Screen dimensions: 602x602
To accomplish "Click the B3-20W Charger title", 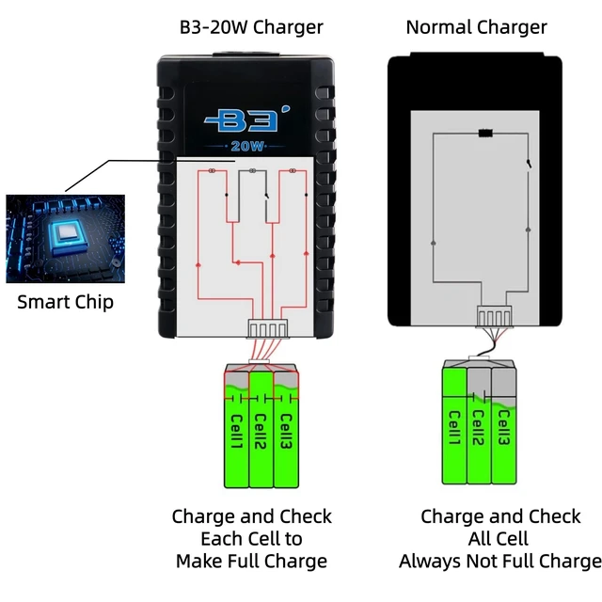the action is [x=251, y=27].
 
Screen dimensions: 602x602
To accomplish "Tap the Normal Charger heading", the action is [x=476, y=27].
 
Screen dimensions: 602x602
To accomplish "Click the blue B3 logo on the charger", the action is [x=246, y=119].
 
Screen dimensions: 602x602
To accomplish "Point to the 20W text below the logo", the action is [x=247, y=147].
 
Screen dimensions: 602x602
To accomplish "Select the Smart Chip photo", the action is [x=65, y=238].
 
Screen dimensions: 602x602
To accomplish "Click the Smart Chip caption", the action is [x=65, y=302].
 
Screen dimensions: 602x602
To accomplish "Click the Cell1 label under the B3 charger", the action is [x=236, y=432].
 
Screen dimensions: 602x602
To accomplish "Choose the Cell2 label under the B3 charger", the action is [x=261, y=432].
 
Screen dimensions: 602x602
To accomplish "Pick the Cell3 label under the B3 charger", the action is [x=286, y=432].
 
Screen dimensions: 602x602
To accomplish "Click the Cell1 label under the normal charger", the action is [x=454, y=428].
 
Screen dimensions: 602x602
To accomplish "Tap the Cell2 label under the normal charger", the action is [x=478, y=428].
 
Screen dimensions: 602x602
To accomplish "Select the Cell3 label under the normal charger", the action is [x=503, y=428].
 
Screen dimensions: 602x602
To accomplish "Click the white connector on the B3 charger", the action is [x=267, y=329].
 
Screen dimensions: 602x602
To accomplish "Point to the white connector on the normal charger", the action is [x=495, y=316].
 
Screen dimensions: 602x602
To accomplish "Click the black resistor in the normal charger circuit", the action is [x=485, y=134].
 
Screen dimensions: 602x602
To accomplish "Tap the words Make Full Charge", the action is [x=251, y=561].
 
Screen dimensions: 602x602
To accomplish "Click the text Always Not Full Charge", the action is [x=500, y=561].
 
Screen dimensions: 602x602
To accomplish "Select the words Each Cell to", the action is [x=251, y=539].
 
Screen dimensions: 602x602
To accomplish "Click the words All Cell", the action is [x=499, y=539].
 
